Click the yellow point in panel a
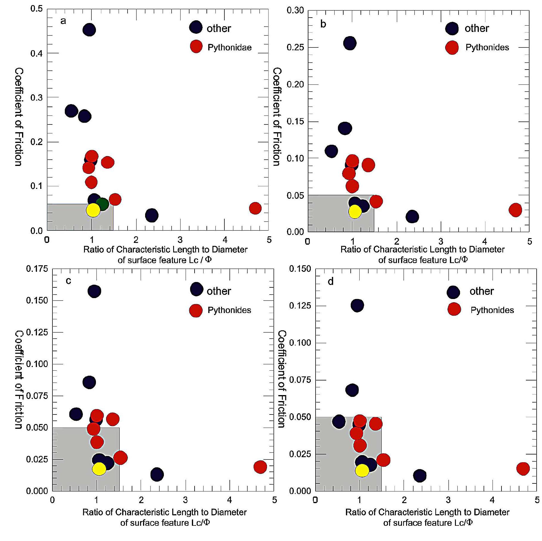point(93,210)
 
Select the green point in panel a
point(103,204)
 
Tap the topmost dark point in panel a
point(89,30)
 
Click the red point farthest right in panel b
point(515,210)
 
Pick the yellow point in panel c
point(99,469)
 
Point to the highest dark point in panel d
point(357,305)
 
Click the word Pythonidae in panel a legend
point(229,47)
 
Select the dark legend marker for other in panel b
point(452,28)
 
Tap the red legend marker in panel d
point(454,309)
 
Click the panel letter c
point(69,281)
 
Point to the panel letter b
point(323,24)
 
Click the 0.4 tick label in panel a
point(36,54)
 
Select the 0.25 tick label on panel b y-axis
point(295,47)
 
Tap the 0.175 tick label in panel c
point(37,269)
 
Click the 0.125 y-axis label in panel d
point(300,306)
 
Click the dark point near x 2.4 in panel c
point(157,474)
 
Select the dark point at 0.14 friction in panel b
point(345,128)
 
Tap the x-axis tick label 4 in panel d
point(492,500)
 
